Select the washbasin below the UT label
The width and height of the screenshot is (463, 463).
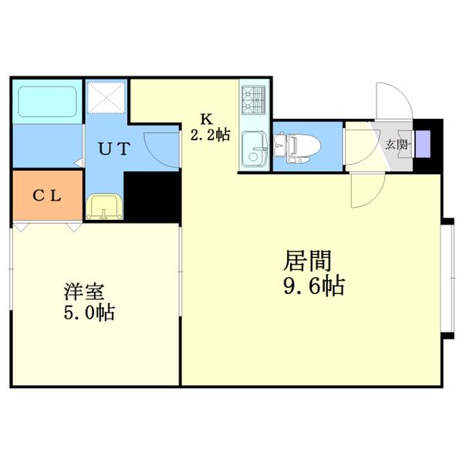[103, 207]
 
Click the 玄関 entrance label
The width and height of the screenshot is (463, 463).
[397, 144]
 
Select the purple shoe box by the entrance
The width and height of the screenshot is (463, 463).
[424, 144]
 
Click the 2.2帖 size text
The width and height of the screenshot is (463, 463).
[210, 135]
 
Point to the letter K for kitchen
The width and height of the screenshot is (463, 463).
[206, 119]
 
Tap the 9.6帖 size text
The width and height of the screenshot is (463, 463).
[313, 286]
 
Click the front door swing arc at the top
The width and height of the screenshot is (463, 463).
[394, 100]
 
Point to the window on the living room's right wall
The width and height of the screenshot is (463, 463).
[448, 278]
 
